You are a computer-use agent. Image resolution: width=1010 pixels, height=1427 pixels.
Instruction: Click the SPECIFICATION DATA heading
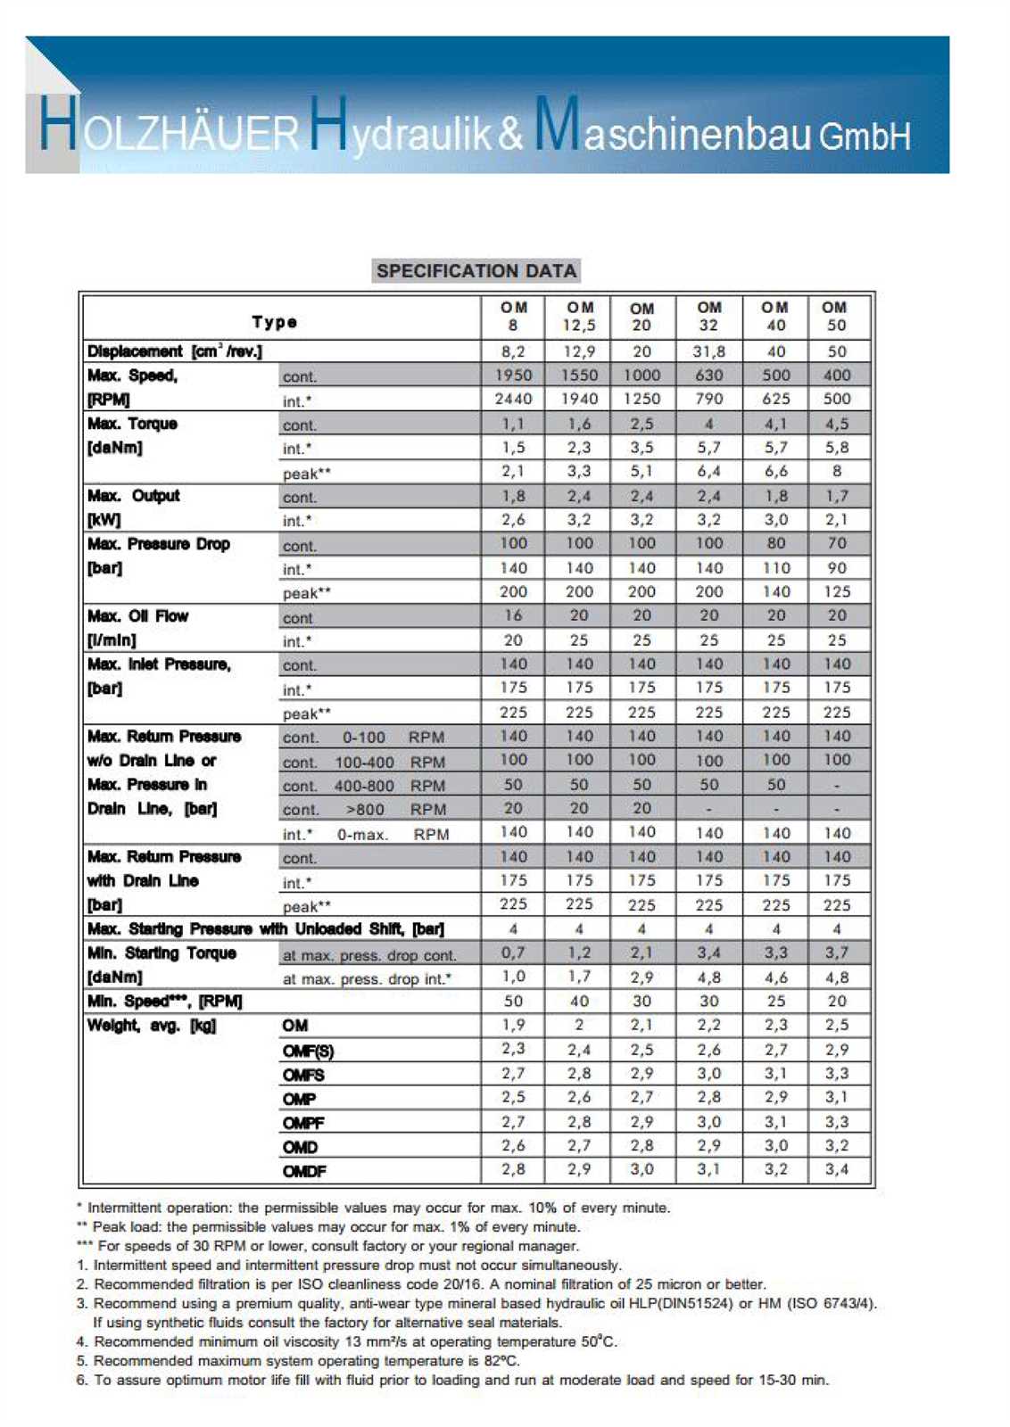(476, 271)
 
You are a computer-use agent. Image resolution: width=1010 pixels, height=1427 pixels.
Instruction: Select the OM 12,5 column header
(579, 317)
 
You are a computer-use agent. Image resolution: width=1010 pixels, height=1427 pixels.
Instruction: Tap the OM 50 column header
(836, 317)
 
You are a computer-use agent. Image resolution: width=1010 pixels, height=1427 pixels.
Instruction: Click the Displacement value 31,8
(708, 351)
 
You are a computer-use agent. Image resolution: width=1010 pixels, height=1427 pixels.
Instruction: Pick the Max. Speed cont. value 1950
(513, 375)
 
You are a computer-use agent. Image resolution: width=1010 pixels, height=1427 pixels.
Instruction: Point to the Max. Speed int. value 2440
(513, 400)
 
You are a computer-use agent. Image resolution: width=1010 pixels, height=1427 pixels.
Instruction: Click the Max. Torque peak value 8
(837, 472)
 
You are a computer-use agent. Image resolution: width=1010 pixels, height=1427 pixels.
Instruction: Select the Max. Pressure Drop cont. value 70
(837, 544)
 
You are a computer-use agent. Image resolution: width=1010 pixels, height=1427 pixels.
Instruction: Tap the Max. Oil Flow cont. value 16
(513, 615)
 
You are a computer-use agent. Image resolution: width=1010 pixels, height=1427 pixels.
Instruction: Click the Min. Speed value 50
(513, 1002)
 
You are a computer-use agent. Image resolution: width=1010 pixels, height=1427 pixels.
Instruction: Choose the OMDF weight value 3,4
(837, 1169)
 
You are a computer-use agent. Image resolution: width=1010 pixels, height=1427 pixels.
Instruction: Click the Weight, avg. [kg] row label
(152, 1026)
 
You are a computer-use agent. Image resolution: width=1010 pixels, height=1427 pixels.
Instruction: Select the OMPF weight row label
(303, 1123)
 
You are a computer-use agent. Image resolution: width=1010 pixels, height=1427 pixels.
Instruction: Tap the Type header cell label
(274, 322)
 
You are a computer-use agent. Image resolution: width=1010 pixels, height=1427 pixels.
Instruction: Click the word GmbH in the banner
(865, 136)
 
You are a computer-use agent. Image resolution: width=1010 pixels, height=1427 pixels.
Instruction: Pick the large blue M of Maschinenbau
(557, 123)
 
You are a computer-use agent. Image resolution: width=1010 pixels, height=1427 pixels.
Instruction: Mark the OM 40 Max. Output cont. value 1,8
(775, 497)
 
